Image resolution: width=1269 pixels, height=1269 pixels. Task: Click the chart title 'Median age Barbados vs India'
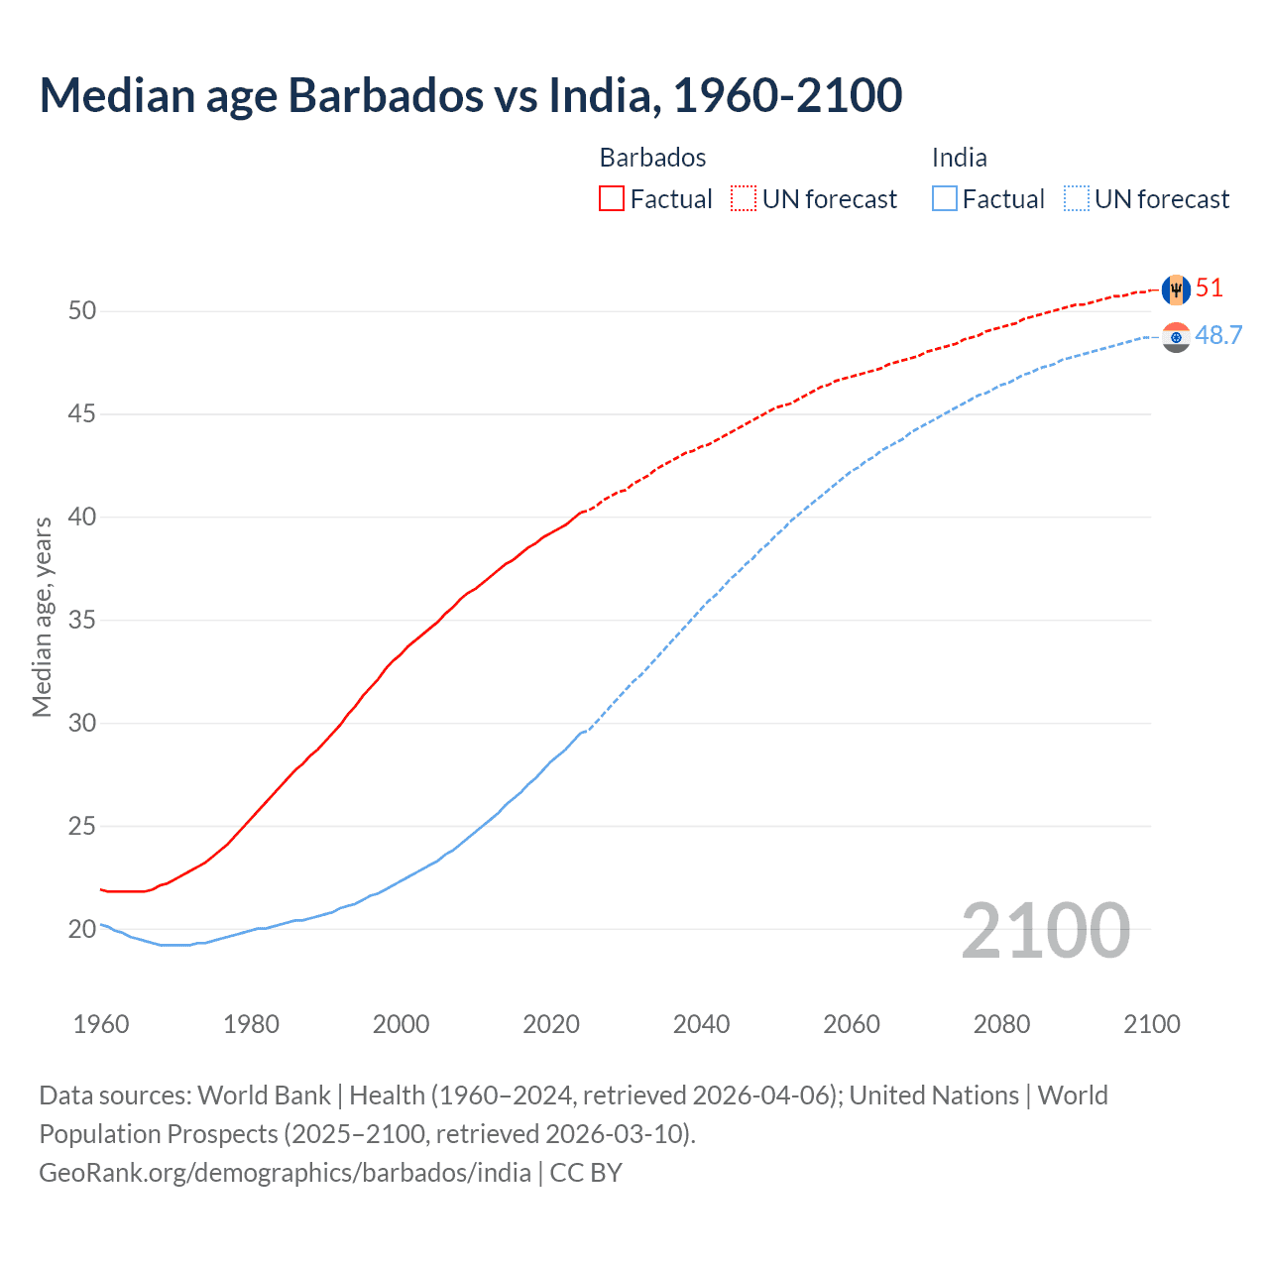click(470, 95)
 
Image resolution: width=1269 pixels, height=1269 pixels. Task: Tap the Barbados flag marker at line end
click(1175, 289)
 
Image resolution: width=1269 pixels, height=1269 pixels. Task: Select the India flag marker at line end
click(1175, 337)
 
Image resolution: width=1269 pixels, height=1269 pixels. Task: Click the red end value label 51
click(1210, 288)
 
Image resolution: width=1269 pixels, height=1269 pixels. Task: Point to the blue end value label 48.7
click(1218, 336)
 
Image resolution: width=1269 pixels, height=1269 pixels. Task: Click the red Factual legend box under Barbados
click(612, 199)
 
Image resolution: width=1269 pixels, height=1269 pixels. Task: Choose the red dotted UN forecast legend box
click(744, 199)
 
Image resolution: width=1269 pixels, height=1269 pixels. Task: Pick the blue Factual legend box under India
click(944, 199)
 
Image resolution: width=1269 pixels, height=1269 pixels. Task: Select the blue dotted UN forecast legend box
click(1076, 199)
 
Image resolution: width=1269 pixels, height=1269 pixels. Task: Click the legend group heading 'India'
click(959, 158)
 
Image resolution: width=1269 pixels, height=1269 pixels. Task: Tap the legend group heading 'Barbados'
click(652, 158)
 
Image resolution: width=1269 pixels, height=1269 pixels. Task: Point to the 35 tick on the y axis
click(82, 621)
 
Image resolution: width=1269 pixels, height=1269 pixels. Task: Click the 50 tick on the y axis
click(82, 311)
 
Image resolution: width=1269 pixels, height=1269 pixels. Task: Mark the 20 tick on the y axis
click(82, 930)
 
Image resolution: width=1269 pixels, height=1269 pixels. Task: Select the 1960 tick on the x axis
click(101, 1024)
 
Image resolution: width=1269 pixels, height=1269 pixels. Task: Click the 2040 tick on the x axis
click(701, 1024)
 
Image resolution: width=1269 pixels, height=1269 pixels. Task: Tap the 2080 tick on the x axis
click(1001, 1024)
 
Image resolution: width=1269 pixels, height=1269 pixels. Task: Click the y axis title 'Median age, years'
click(42, 617)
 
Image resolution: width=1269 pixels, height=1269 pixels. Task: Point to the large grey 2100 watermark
click(1045, 930)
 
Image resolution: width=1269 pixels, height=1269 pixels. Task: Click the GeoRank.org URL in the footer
click(285, 1173)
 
